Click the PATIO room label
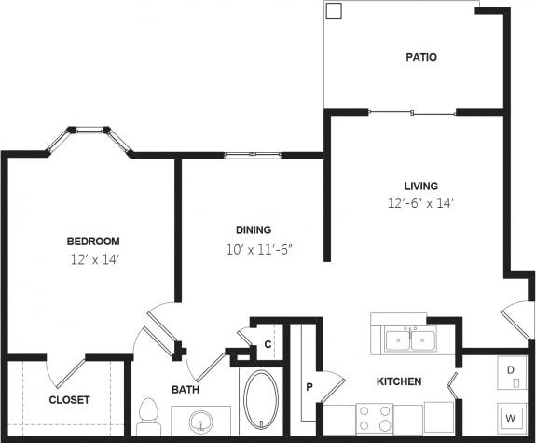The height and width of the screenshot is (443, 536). (x=420, y=57)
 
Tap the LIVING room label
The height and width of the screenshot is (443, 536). (x=420, y=186)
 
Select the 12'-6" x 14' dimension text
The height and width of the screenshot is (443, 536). (x=420, y=202)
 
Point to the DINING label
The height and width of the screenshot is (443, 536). (x=253, y=229)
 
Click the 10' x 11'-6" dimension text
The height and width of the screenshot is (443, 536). (x=253, y=248)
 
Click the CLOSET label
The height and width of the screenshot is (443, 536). (x=70, y=400)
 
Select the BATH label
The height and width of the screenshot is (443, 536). (x=185, y=389)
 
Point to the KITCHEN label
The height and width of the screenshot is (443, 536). (x=399, y=381)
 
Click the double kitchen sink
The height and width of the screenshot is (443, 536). (x=411, y=339)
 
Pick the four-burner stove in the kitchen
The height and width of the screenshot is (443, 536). (x=375, y=417)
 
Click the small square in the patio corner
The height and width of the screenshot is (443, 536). (x=334, y=11)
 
